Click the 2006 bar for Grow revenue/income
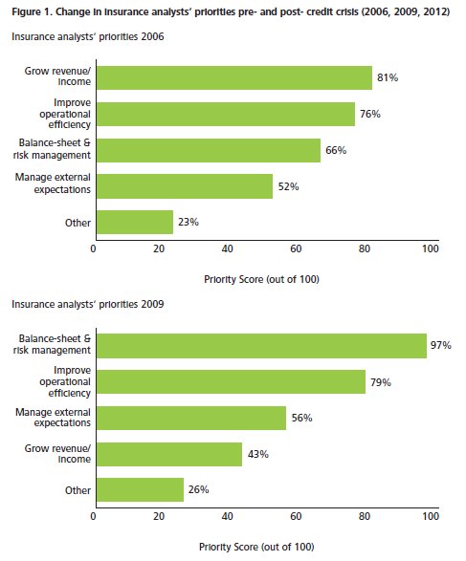[x=234, y=77]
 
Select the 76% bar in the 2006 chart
[x=226, y=114]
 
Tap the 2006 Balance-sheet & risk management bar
[x=209, y=150]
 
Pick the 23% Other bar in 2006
[x=135, y=222]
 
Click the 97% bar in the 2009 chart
[x=261, y=346]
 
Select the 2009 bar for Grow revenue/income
[x=169, y=454]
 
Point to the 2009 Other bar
[x=140, y=489]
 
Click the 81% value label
[x=388, y=77]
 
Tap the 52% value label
[x=288, y=186]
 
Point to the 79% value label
[x=381, y=382]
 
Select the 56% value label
[x=302, y=418]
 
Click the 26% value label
[x=198, y=489]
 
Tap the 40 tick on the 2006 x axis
[x=228, y=248]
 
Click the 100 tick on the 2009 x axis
[x=431, y=516]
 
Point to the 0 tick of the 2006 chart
[x=93, y=248]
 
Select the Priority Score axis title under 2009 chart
[x=256, y=547]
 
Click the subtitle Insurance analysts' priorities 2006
[x=88, y=37]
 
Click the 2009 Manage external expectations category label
[x=53, y=418]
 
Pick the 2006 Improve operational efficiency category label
[x=65, y=114]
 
